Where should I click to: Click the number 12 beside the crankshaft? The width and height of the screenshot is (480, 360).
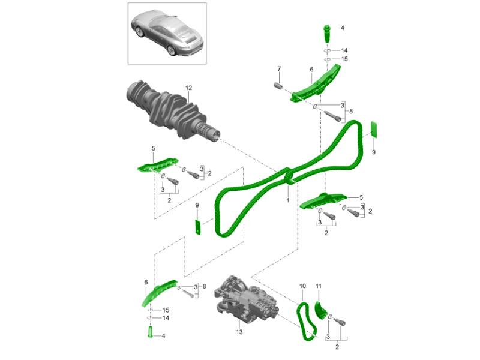pos(188,88)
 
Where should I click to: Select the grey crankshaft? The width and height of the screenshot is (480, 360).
pos(173,111)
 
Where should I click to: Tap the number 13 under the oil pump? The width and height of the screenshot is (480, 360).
pos(239,332)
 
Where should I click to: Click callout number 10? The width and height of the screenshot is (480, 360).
pos(302,286)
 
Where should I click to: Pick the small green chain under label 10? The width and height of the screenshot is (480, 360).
pos(306,321)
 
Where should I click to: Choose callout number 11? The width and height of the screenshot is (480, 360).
pos(319,286)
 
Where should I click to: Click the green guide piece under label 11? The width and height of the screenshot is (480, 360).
pos(320,310)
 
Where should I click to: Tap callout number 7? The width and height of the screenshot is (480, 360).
pos(279,68)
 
